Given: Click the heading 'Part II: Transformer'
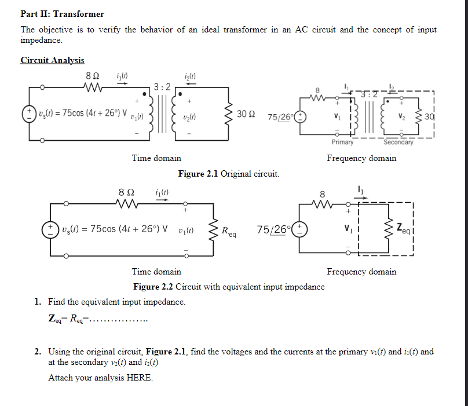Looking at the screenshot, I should (x=63, y=13).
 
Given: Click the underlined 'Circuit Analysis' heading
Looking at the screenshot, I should (x=52, y=60).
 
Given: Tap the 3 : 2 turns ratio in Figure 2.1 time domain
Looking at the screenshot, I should (x=162, y=88).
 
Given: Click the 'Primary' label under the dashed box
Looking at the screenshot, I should (x=342, y=142).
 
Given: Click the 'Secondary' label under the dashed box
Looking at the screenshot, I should (x=398, y=142).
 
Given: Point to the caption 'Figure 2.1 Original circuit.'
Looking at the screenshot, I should (x=229, y=174).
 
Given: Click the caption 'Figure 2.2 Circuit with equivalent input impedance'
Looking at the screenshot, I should (x=229, y=287).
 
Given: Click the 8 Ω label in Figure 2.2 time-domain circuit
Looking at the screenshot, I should (x=126, y=192).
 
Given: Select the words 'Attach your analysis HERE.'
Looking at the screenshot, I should (x=101, y=378).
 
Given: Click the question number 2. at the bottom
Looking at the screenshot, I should (x=38, y=352).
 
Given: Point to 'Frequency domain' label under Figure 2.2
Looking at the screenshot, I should (x=361, y=272).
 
